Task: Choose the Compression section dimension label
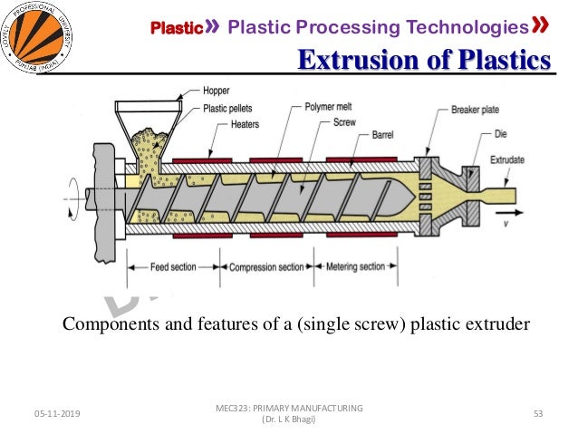tap(266, 267)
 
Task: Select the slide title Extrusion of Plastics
tap(425, 62)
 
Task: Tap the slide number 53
tap(537, 414)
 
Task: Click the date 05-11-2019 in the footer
tap(56, 414)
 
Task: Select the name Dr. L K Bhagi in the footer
tap(288, 420)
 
